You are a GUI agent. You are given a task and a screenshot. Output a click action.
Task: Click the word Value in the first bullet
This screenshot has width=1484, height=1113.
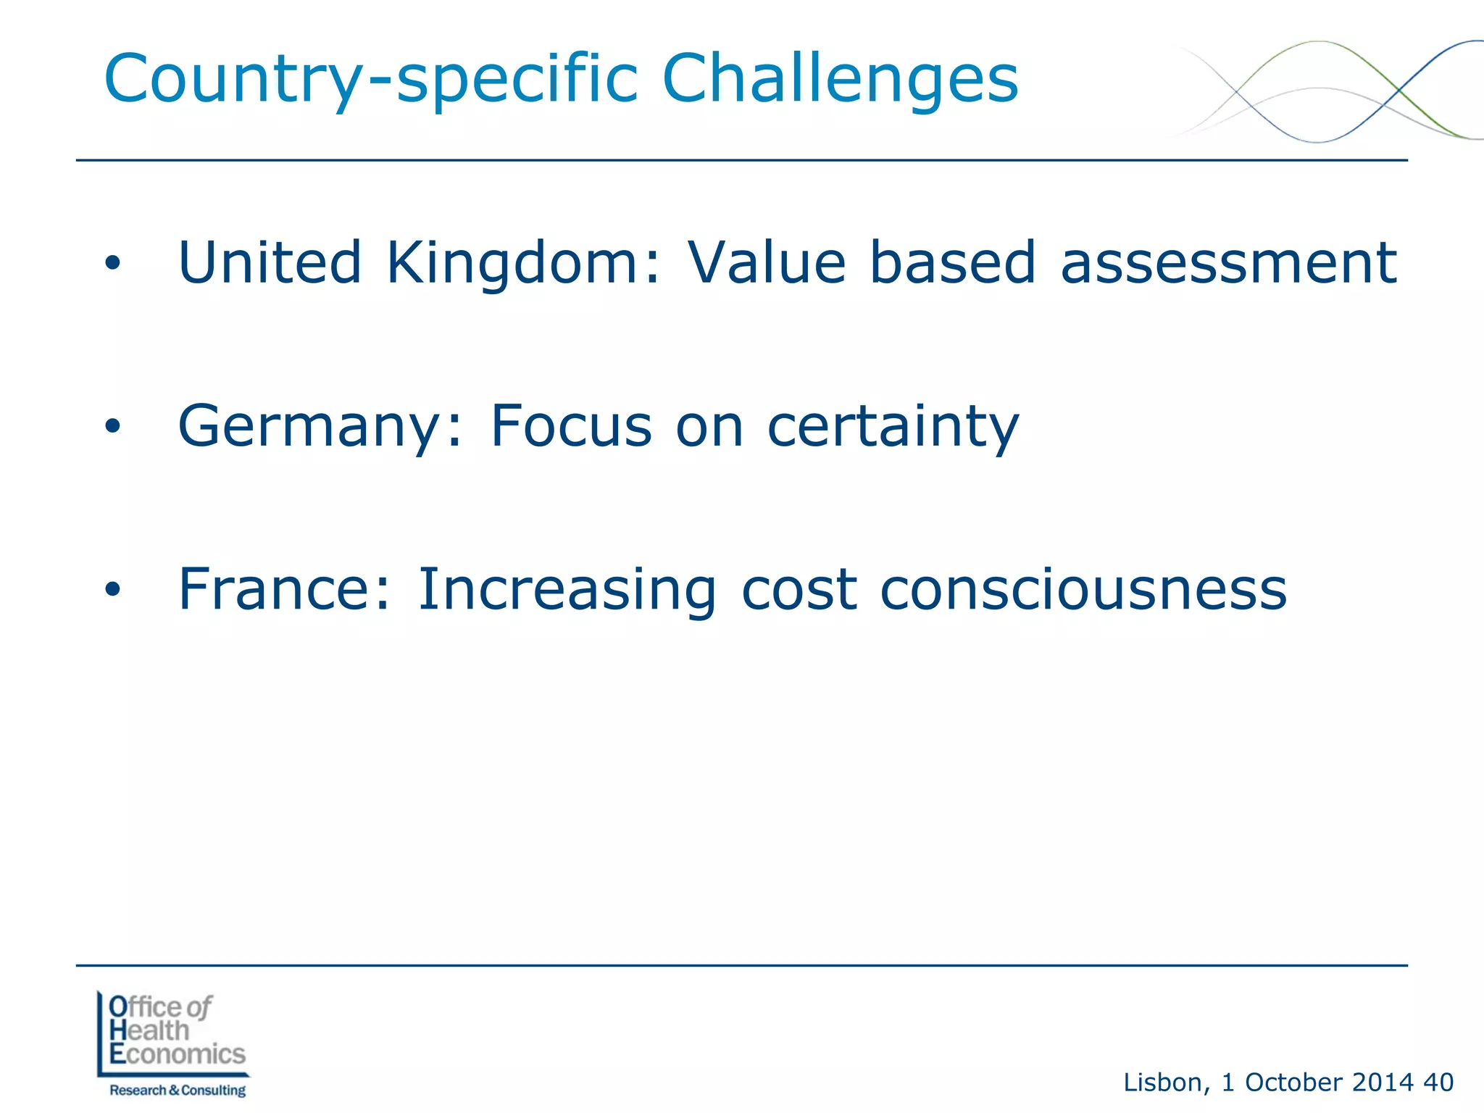coord(767,262)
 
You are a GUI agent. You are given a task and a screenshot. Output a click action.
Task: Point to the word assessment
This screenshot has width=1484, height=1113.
coord(1228,262)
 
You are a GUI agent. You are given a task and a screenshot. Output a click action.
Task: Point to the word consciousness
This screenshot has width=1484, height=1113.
coord(1083,589)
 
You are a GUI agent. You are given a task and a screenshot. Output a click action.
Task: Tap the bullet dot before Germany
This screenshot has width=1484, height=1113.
coord(112,427)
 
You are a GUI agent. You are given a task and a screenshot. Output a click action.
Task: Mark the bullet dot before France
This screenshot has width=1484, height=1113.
coord(112,590)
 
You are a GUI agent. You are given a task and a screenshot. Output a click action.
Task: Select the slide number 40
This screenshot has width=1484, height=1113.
coord(1438,1082)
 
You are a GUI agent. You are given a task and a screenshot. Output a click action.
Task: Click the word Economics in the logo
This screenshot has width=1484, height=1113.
coord(178,1054)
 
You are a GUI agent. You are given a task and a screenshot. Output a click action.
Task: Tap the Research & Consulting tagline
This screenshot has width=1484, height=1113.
coord(178,1090)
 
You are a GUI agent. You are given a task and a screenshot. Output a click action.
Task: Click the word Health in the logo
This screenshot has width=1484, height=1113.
coord(149,1030)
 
